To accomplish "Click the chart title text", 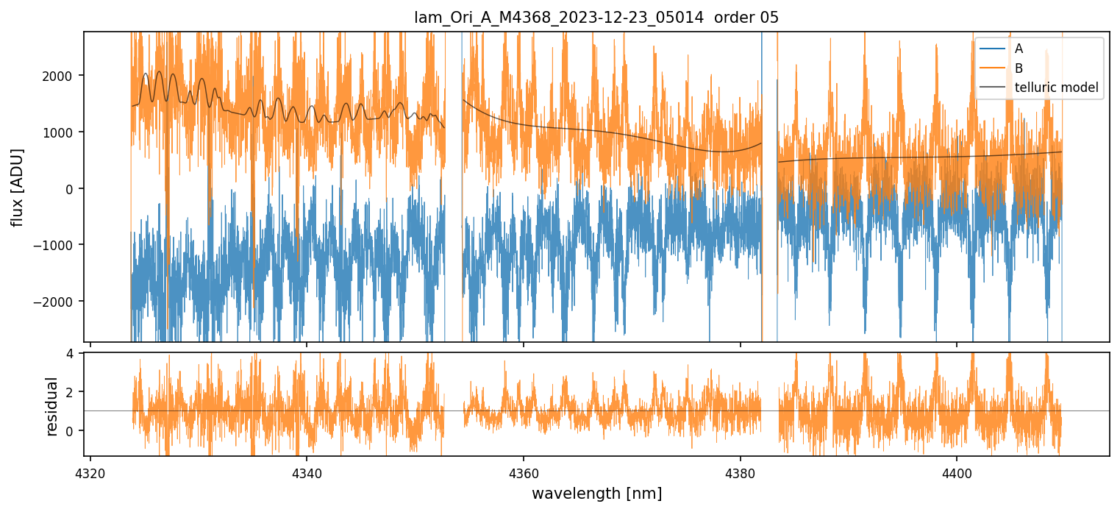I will pos(596,18).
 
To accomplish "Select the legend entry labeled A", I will pos(1019,49).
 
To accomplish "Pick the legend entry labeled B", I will pos(1019,68).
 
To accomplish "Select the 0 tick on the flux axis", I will pos(74,189).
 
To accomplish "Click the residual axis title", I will pos(51,406).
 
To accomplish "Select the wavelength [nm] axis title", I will pos(596,493).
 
